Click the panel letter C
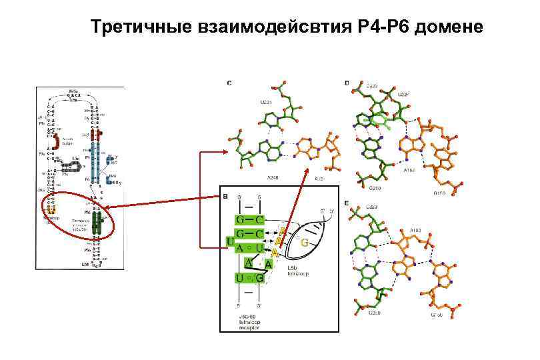(229, 83)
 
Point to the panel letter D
(347, 83)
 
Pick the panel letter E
(347, 203)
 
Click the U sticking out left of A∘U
(230, 239)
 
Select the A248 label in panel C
(274, 178)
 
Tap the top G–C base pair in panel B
(249, 219)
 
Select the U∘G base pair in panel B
(249, 276)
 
